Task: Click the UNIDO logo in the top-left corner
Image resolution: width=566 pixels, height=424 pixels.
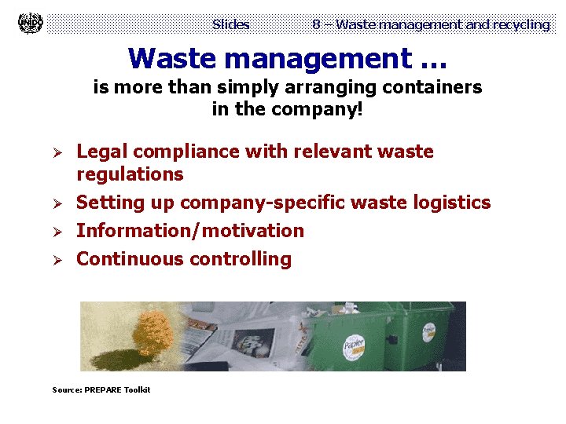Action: tap(31, 24)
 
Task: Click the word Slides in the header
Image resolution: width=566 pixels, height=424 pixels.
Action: tap(230, 24)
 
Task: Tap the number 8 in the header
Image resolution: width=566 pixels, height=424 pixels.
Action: tap(316, 24)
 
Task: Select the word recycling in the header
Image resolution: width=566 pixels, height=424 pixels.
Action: tap(520, 24)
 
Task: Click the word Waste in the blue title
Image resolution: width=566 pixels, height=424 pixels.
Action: tap(170, 58)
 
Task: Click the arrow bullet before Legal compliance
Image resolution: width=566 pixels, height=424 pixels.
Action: tap(57, 152)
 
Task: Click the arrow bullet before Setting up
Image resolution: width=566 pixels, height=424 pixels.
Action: tap(57, 203)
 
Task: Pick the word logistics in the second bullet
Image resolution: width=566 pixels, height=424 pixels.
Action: tap(452, 203)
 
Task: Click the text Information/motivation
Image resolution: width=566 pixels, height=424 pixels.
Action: tap(189, 231)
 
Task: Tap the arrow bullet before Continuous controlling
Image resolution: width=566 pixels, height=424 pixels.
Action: tap(57, 260)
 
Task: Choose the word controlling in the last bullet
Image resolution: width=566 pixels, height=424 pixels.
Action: tap(241, 259)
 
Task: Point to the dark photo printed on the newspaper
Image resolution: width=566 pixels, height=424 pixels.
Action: tap(252, 342)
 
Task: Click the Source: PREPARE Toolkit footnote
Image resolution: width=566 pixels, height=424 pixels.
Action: tap(101, 390)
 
